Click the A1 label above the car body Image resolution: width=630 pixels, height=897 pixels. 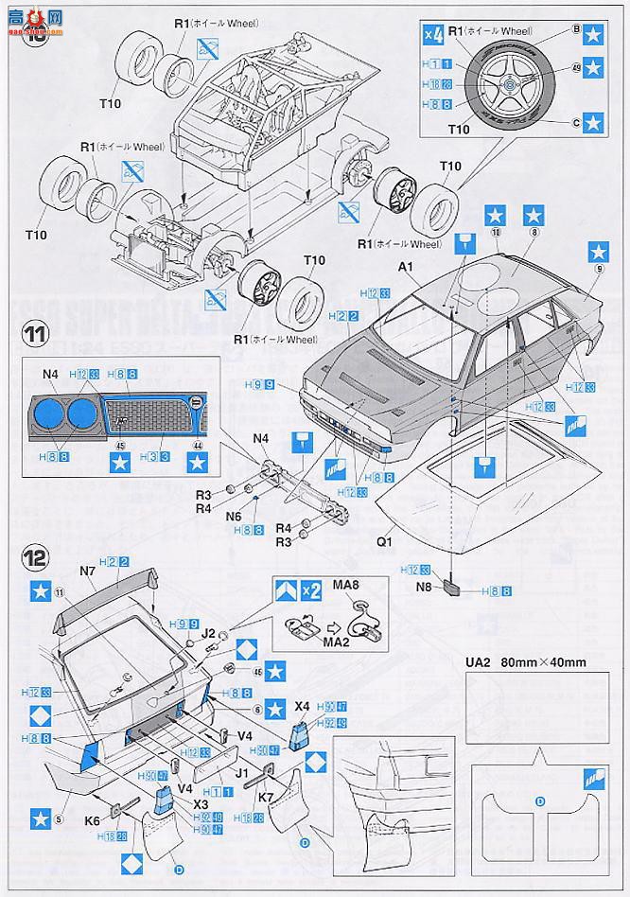pyautogui.click(x=409, y=268)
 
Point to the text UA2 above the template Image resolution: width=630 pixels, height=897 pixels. pyautogui.click(x=477, y=663)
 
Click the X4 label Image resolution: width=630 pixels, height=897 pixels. pyautogui.click(x=303, y=706)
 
